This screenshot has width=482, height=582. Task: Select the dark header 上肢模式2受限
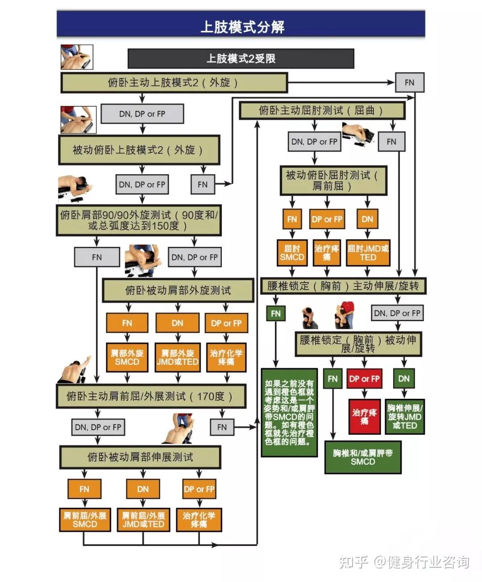pyautogui.click(x=241, y=59)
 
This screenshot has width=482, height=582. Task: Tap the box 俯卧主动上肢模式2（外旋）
pyautogui.click(x=175, y=83)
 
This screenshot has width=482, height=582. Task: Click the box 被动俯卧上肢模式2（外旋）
pyautogui.click(x=139, y=150)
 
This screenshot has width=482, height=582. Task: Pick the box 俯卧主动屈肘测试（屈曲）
pyautogui.click(x=322, y=111)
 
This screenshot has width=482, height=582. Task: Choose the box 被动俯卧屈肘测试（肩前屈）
pyautogui.click(x=333, y=181)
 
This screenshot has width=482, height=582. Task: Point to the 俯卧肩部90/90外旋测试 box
pyautogui.click(x=139, y=221)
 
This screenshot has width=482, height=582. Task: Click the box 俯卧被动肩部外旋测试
pyautogui.click(x=178, y=290)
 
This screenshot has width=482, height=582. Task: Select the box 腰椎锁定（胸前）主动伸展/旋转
pyautogui.click(x=343, y=286)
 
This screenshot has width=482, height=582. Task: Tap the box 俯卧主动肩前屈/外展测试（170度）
pyautogui.click(x=151, y=396)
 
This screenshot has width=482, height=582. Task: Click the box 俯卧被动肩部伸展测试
pyautogui.click(x=140, y=457)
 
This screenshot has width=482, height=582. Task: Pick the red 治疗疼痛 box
pyautogui.click(x=365, y=417)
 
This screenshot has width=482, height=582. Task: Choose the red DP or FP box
pyautogui.click(x=365, y=379)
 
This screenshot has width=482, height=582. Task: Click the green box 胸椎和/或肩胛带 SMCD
pyautogui.click(x=363, y=457)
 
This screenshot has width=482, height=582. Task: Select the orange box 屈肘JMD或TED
pyautogui.click(x=368, y=253)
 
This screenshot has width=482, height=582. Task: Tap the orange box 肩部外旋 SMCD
pyautogui.click(x=127, y=358)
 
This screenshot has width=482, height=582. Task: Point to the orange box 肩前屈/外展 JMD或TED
pyautogui.click(x=143, y=520)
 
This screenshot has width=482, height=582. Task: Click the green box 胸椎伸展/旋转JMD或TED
pyautogui.click(x=405, y=417)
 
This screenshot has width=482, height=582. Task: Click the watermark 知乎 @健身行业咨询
pyautogui.click(x=404, y=562)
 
